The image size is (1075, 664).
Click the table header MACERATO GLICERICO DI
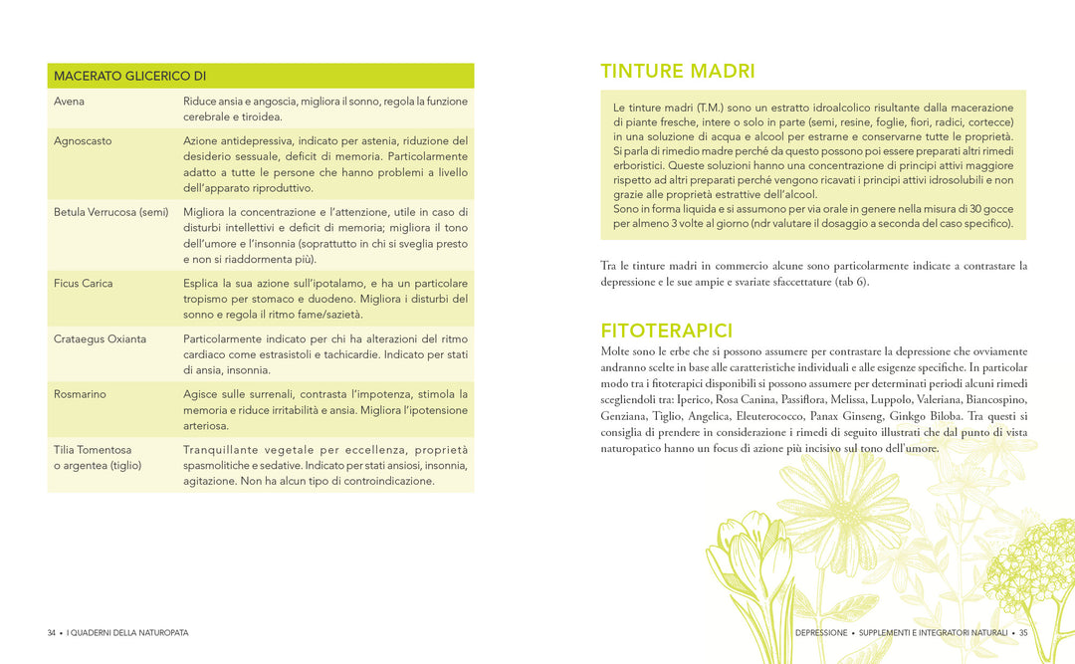(129, 76)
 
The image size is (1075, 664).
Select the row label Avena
(69, 102)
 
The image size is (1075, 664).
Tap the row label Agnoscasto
(83, 140)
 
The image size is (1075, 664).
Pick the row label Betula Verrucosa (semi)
(110, 212)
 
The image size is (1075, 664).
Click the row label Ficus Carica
(84, 284)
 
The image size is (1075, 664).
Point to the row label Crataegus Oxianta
(100, 339)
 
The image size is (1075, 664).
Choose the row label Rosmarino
(80, 394)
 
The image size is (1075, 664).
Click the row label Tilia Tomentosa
(93, 450)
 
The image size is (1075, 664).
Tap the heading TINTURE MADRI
(677, 72)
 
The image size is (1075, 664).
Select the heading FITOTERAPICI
(666, 331)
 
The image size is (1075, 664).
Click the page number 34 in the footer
(52, 633)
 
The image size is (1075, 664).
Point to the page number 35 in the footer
(1022, 633)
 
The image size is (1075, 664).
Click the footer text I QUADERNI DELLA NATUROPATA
(127, 633)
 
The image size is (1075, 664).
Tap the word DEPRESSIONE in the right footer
(821, 633)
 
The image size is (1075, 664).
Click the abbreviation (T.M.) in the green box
(710, 108)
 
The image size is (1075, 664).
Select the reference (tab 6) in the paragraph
(850, 282)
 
